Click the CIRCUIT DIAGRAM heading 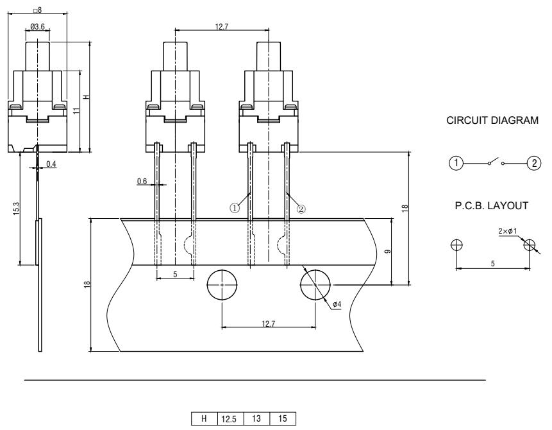coord(492,123)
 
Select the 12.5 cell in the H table coord(230,422)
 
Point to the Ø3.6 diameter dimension coord(37,27)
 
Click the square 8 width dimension coord(37,9)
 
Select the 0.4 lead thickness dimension coord(51,165)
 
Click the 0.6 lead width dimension coord(142,182)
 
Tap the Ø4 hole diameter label coord(337,304)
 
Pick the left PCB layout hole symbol coord(456,245)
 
